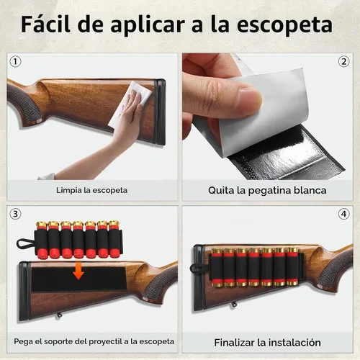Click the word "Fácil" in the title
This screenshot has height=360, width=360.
(45, 24)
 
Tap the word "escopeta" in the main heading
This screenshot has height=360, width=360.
(284, 26)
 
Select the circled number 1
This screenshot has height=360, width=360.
(15, 62)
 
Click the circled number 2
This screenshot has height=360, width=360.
(343, 62)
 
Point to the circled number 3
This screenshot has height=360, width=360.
(15, 214)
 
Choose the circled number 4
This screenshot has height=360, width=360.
(343, 214)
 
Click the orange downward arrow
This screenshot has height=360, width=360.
(78, 271)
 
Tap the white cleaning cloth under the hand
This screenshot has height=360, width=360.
(130, 103)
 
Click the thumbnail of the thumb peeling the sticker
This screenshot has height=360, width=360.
(250, 99)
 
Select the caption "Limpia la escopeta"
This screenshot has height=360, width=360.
(91, 190)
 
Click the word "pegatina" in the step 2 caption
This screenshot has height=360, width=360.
(269, 191)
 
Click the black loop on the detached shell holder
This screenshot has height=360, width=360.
(24, 243)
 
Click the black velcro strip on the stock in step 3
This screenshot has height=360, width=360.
(78, 279)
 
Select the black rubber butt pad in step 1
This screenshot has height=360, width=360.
(160, 112)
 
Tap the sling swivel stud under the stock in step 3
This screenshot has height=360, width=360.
(58, 315)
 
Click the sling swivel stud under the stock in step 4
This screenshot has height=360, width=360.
(234, 305)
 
